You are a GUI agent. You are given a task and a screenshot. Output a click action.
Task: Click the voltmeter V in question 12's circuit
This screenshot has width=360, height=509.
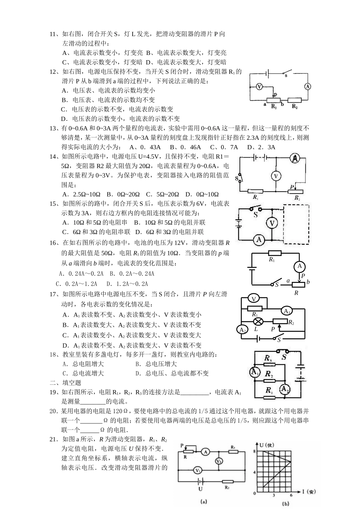[259, 87]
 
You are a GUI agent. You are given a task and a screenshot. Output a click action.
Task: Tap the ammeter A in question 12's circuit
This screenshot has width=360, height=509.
[308, 86]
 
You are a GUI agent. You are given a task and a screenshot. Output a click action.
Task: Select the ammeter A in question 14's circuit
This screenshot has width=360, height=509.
[295, 159]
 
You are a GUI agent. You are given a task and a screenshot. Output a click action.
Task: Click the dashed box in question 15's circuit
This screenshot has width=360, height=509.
[296, 225]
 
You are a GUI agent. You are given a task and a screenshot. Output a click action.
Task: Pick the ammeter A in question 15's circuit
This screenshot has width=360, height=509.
[259, 239]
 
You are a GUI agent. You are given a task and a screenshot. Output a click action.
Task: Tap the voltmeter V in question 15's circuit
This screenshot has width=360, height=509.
[272, 223]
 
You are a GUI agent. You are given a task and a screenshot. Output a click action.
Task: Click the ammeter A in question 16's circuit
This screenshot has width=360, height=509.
[299, 266]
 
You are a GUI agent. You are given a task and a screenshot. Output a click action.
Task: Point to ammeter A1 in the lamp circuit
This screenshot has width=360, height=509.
[287, 311]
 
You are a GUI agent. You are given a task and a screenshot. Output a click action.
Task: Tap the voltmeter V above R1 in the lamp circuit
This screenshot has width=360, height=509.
[254, 299]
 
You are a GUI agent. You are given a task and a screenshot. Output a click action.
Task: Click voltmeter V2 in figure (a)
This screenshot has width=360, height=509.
[219, 461]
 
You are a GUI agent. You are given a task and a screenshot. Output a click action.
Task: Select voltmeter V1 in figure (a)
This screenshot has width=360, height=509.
[197, 470]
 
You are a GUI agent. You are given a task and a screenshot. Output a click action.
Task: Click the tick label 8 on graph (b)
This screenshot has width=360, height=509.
[255, 451]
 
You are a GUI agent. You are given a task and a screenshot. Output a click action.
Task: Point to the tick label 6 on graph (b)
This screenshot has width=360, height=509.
[291, 495]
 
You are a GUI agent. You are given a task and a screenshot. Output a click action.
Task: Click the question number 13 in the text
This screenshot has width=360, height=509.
[53, 128]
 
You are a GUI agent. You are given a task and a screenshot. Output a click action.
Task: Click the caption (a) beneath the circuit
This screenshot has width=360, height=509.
[203, 502]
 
